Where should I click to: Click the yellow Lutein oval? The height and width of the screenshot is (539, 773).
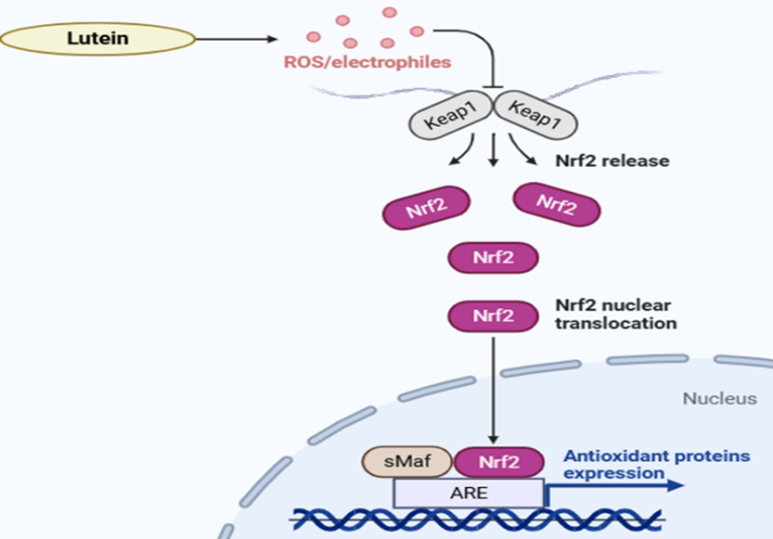97,39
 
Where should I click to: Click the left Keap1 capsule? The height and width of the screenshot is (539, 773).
450,117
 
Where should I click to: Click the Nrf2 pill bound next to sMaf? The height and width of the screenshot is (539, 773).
499,461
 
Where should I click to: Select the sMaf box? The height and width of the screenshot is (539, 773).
411,461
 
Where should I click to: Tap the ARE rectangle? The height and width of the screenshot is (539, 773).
469,492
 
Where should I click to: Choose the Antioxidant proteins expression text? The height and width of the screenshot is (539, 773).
656,464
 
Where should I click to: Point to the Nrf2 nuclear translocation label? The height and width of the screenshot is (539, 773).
615,314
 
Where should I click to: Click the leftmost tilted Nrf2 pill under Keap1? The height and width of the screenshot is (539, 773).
425,208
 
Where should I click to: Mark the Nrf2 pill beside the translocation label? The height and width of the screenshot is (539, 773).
492,316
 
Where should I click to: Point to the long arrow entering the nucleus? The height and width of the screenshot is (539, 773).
493,389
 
